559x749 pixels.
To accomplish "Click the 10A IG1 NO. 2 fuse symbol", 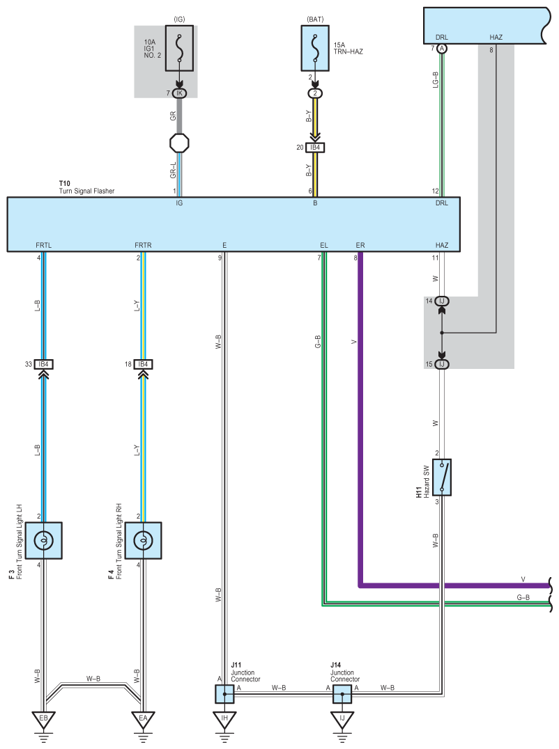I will (179, 49).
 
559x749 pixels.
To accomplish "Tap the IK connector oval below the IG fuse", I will (179, 93).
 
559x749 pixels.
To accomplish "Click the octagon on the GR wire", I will (179, 143).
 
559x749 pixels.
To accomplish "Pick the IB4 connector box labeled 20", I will (315, 148).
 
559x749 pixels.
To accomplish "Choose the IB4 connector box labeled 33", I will (44, 364).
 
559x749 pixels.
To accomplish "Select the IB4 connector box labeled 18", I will (143, 364).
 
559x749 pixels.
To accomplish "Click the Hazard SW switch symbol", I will (442, 478).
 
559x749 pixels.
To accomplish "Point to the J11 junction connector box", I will (224, 694).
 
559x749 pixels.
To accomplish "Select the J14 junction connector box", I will (342, 694).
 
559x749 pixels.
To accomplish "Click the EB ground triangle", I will (44, 719).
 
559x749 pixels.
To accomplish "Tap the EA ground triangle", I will (143, 719).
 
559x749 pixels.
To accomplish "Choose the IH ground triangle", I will (224, 719).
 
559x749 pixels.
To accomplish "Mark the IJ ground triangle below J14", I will (342, 719).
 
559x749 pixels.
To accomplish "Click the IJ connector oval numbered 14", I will (442, 301).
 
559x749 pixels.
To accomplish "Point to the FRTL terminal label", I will (44, 245).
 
